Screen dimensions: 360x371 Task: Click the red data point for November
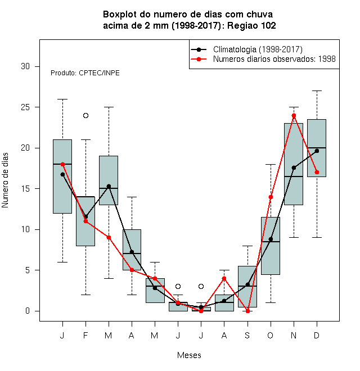pyautogui.click(x=294, y=116)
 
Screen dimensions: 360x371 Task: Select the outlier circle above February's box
pyautogui.click(x=85, y=115)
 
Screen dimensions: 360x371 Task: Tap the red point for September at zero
pyautogui.click(x=247, y=311)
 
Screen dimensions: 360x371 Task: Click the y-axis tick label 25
pyautogui.click(x=25, y=107)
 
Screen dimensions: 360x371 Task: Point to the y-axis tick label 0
pyautogui.click(x=28, y=311)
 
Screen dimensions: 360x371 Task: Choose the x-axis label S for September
pyautogui.click(x=247, y=335)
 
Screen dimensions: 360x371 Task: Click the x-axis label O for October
pyautogui.click(x=270, y=335)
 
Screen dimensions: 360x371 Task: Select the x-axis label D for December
pyautogui.click(x=317, y=335)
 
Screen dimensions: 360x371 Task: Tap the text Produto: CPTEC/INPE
pyautogui.click(x=85, y=73)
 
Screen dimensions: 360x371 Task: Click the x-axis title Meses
pyautogui.click(x=189, y=355)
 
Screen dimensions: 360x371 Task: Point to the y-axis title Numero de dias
pyautogui.click(x=5, y=180)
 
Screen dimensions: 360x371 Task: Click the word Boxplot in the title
pyautogui.click(x=120, y=15)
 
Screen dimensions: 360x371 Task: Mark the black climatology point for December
pyautogui.click(x=317, y=151)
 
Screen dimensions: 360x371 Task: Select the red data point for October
pyautogui.click(x=271, y=197)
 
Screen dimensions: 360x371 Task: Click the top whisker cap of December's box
pyautogui.click(x=317, y=91)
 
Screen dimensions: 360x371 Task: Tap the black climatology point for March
pyautogui.click(x=109, y=187)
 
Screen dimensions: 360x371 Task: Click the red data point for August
pyautogui.click(x=224, y=278)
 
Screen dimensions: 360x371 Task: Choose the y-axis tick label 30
pyautogui.click(x=25, y=66)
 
